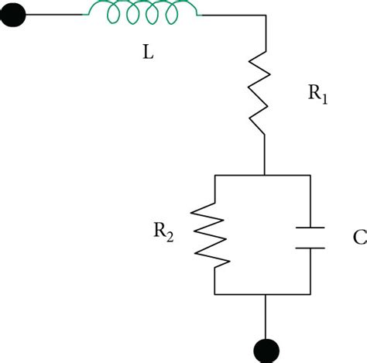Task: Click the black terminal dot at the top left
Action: point(16,15)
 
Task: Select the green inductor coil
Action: point(143,11)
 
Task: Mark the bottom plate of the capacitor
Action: point(310,249)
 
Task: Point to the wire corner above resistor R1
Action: point(265,15)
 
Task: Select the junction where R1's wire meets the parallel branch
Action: point(265,175)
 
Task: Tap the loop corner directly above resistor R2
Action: point(214,175)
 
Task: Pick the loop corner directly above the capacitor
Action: point(310,175)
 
